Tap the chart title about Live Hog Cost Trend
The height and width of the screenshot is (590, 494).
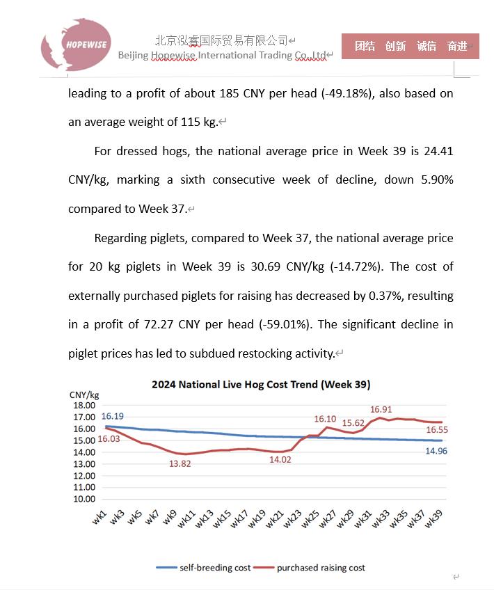pyautogui.click(x=261, y=384)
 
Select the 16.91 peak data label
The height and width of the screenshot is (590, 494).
pyautogui.click(x=381, y=410)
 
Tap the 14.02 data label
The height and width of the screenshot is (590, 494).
pyautogui.click(x=282, y=459)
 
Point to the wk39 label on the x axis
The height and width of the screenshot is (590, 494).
pyautogui.click(x=434, y=518)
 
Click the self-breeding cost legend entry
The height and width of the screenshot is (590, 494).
pyautogui.click(x=203, y=568)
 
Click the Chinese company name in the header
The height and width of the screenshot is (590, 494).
pyautogui.click(x=221, y=40)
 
